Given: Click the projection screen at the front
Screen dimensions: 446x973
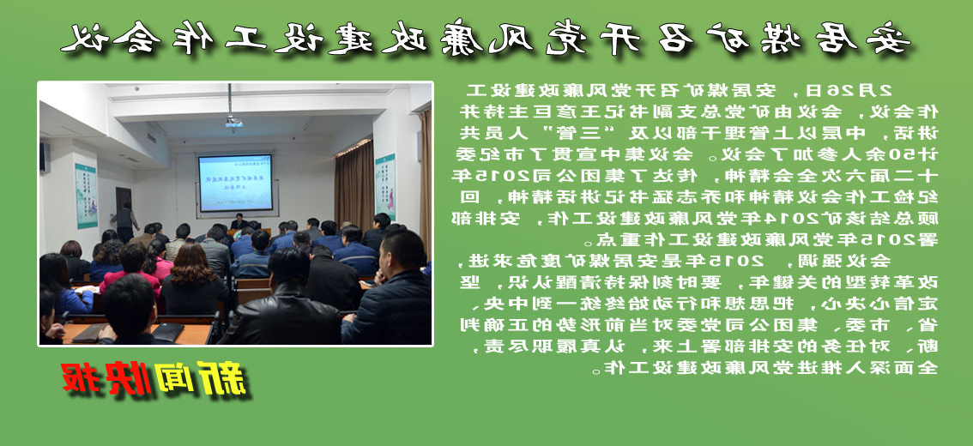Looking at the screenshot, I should (x=235, y=182).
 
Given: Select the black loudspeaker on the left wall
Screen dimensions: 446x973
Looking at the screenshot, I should (x=45, y=157).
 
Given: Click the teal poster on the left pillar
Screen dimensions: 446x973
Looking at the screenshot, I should (x=86, y=196).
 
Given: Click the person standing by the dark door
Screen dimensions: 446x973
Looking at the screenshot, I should (x=125, y=221).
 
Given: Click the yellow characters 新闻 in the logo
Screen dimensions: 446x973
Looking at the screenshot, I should (x=202, y=379).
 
